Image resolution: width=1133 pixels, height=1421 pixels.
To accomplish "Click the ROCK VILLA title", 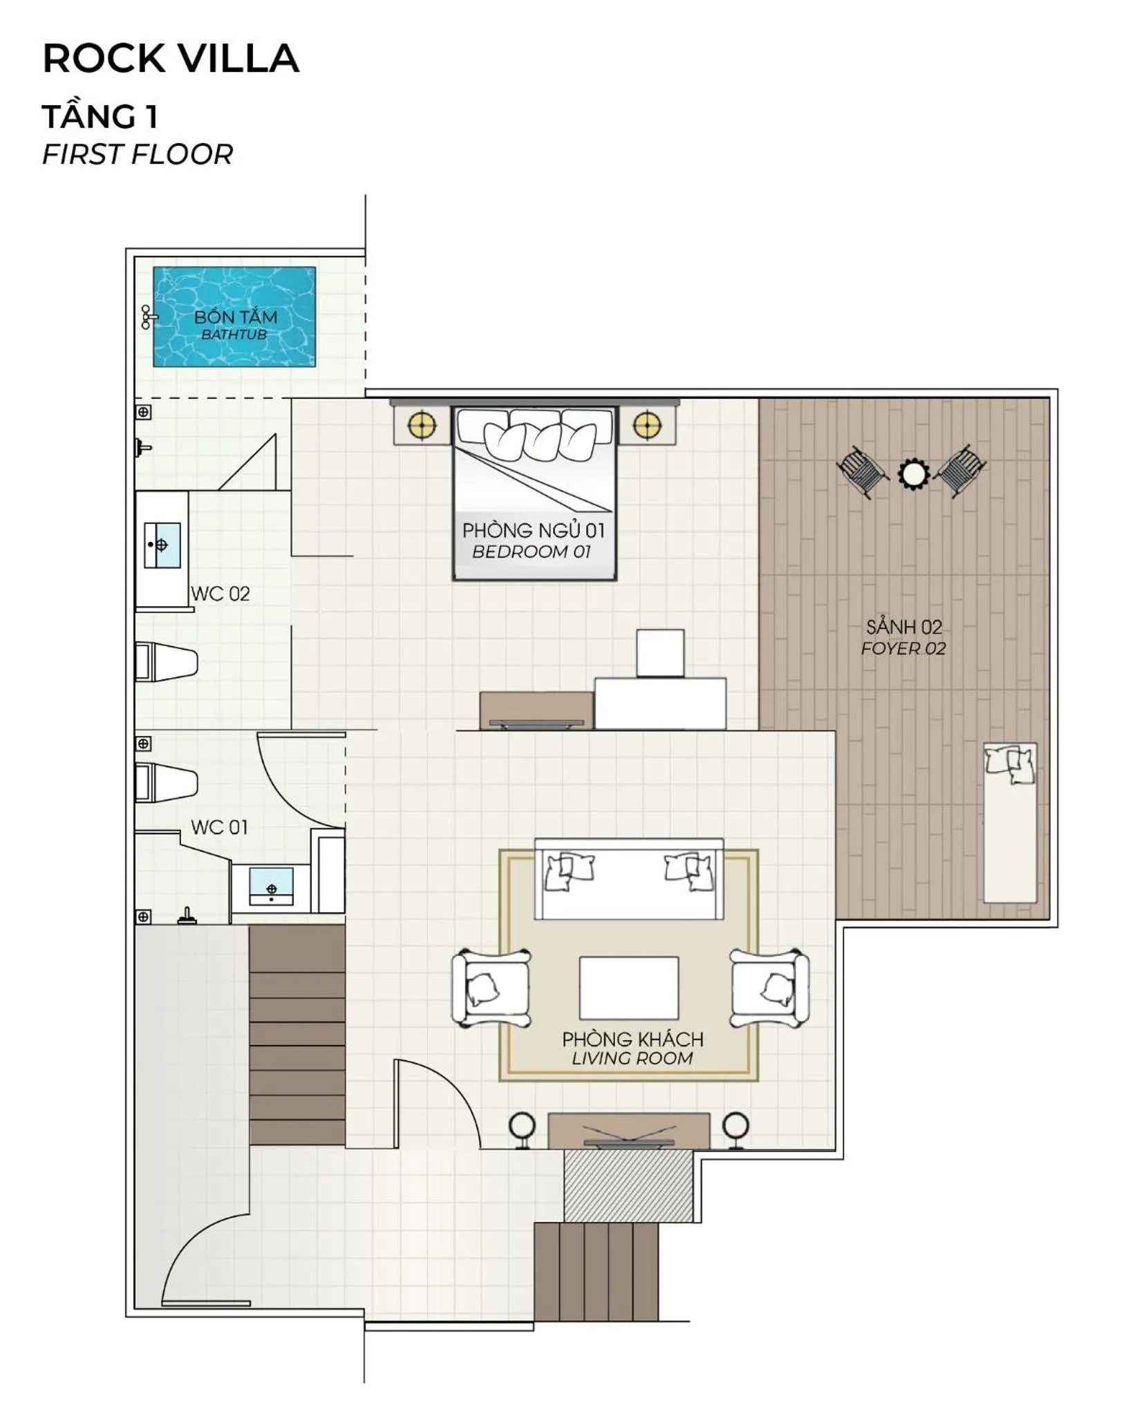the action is [x=171, y=58].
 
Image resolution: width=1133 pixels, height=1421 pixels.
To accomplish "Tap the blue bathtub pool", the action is [x=234, y=317].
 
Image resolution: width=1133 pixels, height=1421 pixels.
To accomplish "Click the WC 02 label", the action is [x=221, y=594].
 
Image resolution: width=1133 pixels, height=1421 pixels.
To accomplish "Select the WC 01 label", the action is [x=219, y=827].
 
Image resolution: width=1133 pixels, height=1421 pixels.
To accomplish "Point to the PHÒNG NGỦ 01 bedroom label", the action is [x=534, y=530].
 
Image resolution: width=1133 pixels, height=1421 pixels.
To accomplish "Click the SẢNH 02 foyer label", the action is [x=904, y=627].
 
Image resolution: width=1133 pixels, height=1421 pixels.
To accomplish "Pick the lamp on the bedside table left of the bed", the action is [x=422, y=425].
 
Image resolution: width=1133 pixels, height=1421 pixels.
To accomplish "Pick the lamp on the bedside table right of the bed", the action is [x=646, y=425].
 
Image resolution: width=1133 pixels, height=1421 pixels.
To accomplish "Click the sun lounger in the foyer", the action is [x=1010, y=822].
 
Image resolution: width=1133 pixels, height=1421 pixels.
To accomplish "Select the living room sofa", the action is [x=629, y=879].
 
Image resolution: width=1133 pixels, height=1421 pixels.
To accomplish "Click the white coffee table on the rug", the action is [x=629, y=988].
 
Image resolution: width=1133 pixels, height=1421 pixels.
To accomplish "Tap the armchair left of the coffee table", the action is [x=491, y=988].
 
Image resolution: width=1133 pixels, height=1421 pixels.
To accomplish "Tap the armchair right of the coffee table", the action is [x=769, y=988].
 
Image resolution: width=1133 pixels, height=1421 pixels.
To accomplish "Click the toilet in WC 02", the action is [x=167, y=662].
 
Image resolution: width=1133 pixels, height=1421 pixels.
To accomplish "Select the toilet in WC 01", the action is [x=167, y=782].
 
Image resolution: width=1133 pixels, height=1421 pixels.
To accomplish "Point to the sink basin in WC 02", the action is [x=162, y=545].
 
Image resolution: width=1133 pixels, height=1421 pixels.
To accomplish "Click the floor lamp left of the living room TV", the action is [x=522, y=1129].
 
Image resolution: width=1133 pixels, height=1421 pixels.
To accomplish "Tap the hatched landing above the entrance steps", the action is [x=628, y=1186].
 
